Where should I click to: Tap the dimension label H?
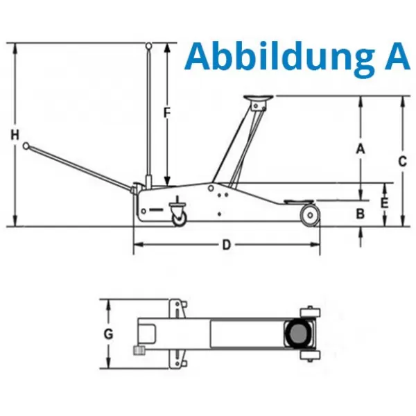pos(15,136)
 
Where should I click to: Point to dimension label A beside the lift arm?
pos(360,148)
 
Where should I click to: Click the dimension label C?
pos(402,161)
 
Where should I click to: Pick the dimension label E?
pos(385,203)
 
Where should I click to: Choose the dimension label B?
pos(360,214)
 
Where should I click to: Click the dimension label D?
pos(226,245)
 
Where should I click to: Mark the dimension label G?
pos(108,333)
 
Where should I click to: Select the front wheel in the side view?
pos(309,214)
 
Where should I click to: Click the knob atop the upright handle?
pos(148,46)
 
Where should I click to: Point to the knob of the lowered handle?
pos(26,146)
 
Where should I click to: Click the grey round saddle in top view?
pos(299,333)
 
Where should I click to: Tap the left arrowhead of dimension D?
pos(137,245)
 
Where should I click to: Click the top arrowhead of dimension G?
pos(108,303)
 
